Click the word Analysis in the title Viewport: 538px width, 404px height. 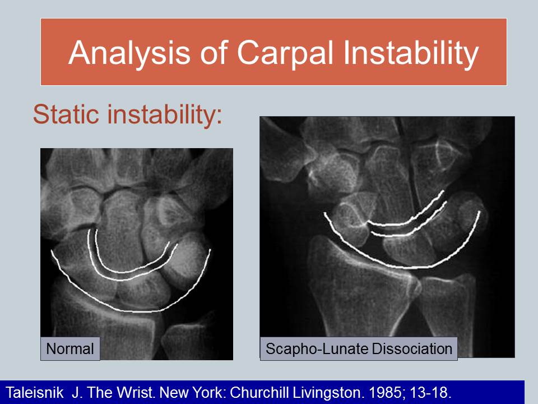[x=129, y=53]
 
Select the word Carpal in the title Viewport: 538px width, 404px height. [x=285, y=53]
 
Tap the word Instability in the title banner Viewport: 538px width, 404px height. [x=411, y=53]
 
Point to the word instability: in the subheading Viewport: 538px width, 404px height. [x=165, y=114]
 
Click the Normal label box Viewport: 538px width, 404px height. [x=70, y=349]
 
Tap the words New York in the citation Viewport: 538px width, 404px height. [x=193, y=392]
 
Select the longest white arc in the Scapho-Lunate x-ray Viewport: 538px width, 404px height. [x=405, y=267]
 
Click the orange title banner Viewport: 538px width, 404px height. [x=274, y=52]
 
